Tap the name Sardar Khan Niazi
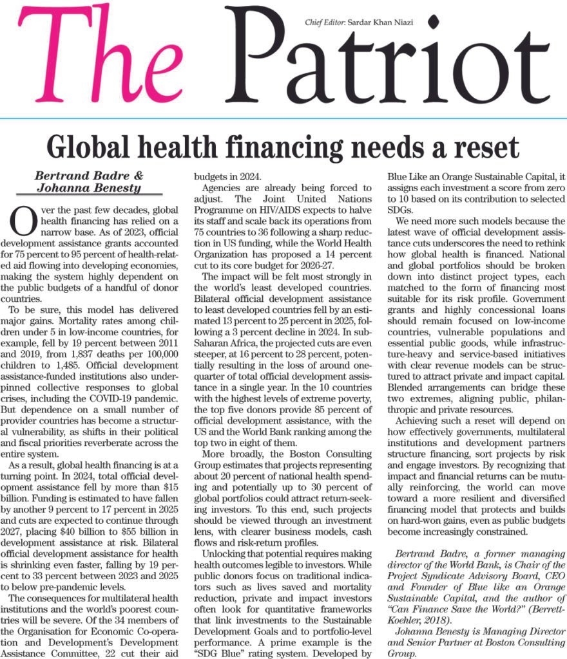[x=380, y=23]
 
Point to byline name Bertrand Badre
[x=89, y=175]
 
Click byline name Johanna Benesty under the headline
[x=89, y=188]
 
